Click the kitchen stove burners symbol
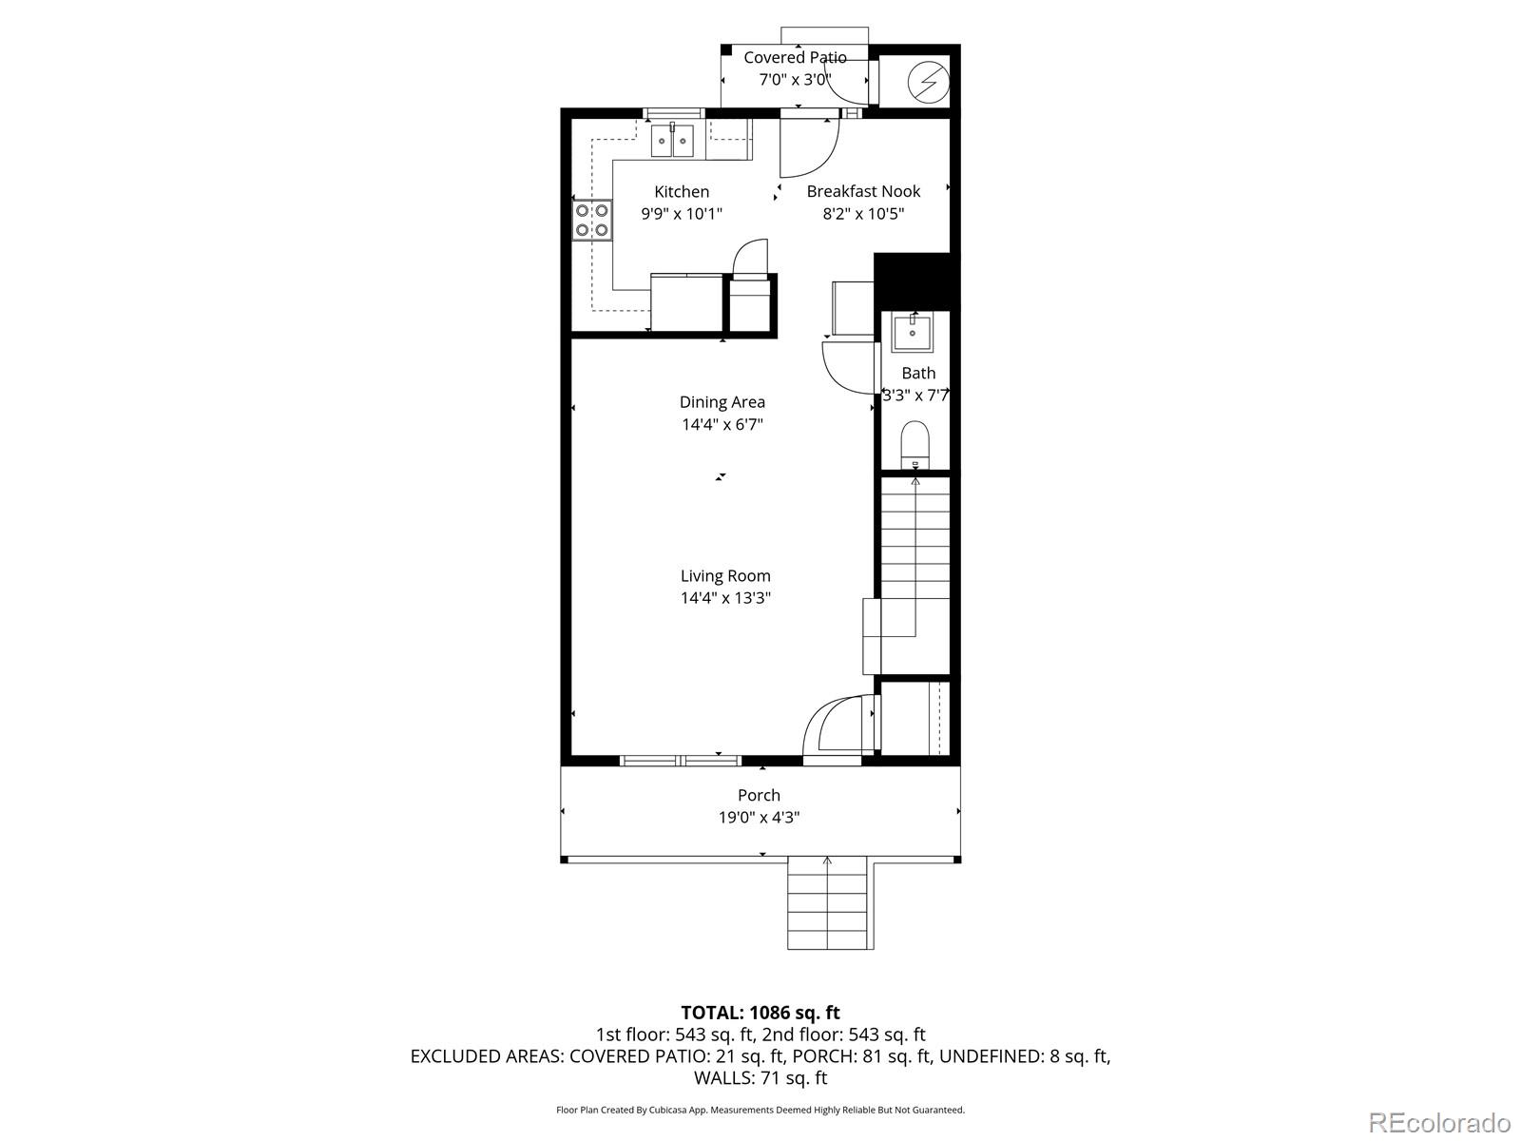tap(591, 220)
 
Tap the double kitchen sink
tap(674, 141)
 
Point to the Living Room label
tap(725, 575)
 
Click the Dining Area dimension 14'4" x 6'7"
tap(722, 424)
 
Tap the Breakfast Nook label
tap(863, 191)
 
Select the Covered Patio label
tap(795, 58)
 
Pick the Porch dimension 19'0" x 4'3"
tap(759, 818)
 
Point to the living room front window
tap(681, 760)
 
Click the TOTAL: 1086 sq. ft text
tap(760, 1013)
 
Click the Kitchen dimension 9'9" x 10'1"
tap(682, 214)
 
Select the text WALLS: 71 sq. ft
tap(760, 1078)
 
